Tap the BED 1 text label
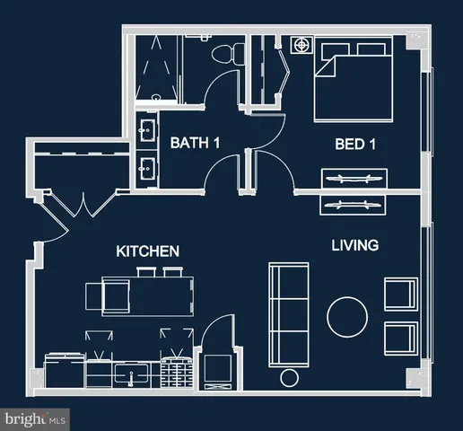pos(354,144)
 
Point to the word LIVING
pos(354,244)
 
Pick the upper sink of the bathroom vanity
pos(146,132)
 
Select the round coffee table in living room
pos(347,315)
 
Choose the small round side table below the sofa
pos(289,377)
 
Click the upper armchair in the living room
pos(400,294)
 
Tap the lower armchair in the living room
pos(400,338)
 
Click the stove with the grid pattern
pos(178,371)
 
